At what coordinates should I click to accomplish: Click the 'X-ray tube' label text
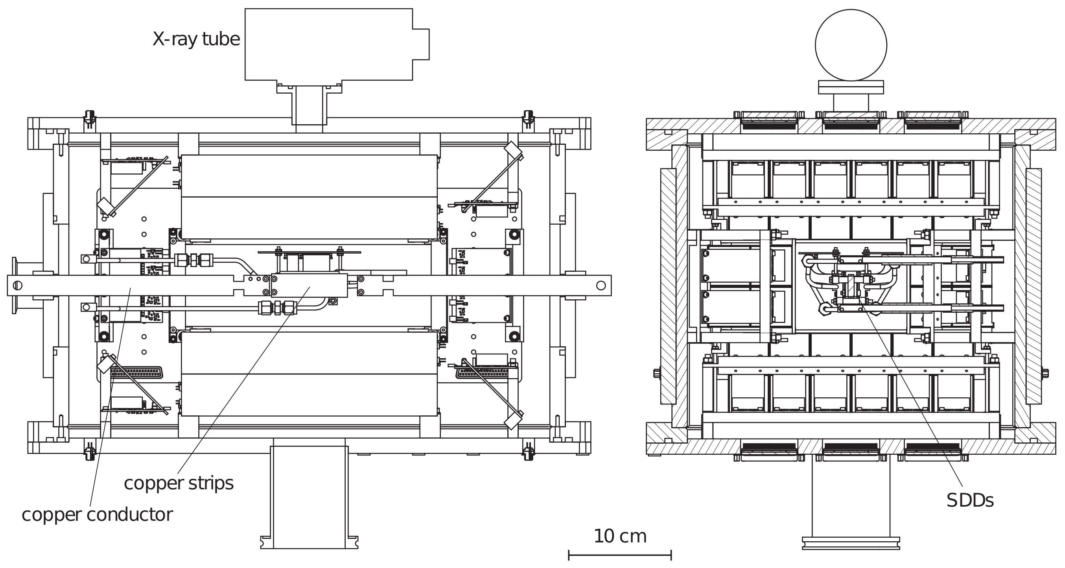196,39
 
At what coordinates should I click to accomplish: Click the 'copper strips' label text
179,483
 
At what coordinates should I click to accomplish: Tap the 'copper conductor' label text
97,515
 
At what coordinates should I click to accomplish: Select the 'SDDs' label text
969,501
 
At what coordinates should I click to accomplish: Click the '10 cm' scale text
620,536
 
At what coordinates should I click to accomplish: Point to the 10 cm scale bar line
620,555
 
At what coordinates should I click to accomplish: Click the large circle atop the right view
851,45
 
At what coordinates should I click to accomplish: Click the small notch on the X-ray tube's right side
421,44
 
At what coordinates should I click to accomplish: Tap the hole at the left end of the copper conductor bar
17,285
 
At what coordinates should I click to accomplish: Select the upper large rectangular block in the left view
309,197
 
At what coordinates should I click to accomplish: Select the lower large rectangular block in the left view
309,374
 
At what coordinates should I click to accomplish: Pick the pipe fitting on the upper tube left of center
193,260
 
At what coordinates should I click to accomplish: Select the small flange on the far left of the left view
15,285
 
